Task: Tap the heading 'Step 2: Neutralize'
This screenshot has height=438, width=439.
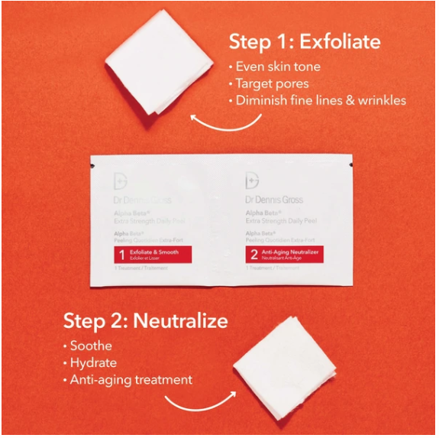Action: (145, 320)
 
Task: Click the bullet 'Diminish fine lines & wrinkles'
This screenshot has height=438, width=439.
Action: (321, 100)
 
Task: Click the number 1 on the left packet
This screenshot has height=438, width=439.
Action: (120, 254)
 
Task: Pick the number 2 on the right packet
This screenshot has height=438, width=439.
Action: (252, 254)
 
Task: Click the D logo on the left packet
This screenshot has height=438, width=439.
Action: (120, 182)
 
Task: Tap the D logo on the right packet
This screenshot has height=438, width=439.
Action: (252, 182)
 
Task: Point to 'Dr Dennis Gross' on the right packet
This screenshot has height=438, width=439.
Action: (274, 200)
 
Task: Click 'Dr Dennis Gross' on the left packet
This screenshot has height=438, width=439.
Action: (142, 200)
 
